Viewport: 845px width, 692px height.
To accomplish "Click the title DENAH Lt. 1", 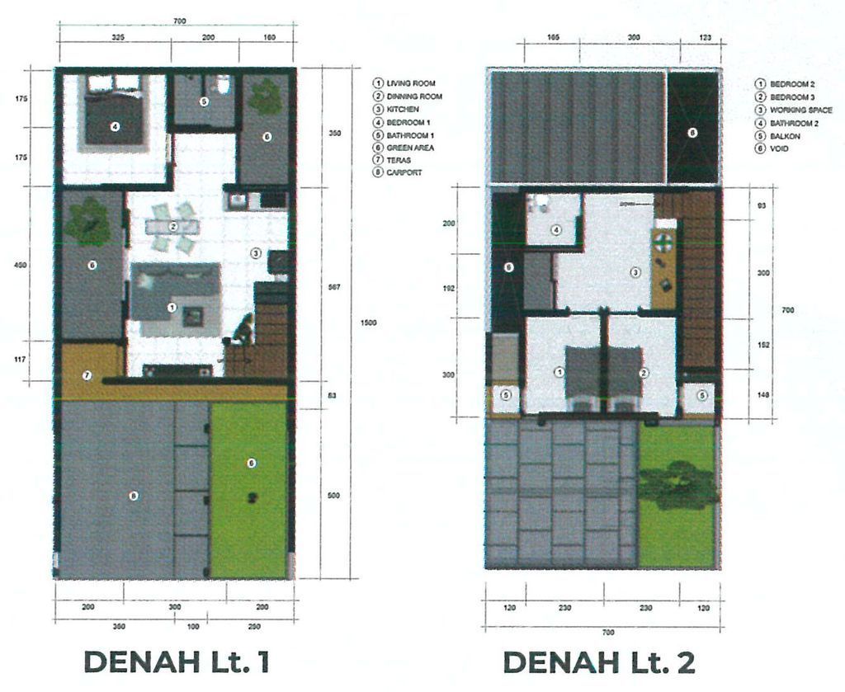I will pyautogui.click(x=177, y=661).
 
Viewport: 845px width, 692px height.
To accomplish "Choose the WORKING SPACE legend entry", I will pyautogui.click(x=800, y=110).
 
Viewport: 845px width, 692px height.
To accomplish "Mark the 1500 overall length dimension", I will pyautogui.click(x=369, y=322).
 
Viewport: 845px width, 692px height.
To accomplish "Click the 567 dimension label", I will pyautogui.click(x=334, y=287).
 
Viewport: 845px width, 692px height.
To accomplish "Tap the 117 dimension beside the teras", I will pyautogui.click(x=21, y=359).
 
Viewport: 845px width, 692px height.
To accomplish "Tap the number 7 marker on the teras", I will pyautogui.click(x=87, y=375).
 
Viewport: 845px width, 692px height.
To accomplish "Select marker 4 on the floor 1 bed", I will pyautogui.click(x=116, y=126).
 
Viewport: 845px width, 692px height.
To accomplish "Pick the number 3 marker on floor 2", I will pyautogui.click(x=635, y=271).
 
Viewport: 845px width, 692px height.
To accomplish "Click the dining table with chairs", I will pyautogui.click(x=173, y=226).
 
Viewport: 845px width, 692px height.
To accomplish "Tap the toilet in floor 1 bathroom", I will pyautogui.click(x=221, y=84).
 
